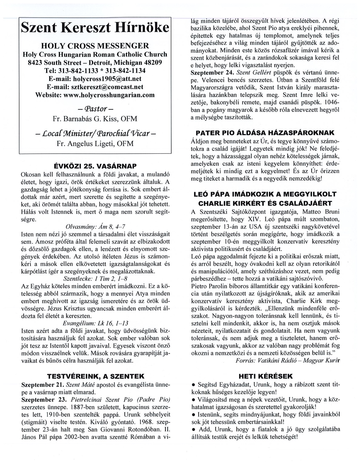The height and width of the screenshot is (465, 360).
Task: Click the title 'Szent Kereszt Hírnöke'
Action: [x=95, y=28]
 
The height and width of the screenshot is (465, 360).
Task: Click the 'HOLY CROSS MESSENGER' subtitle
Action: [x=95, y=46]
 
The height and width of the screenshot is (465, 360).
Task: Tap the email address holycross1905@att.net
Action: [x=107, y=78]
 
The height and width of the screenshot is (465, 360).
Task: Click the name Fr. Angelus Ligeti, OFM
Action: [x=95, y=143]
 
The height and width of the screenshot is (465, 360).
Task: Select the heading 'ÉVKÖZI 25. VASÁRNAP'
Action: [x=95, y=166]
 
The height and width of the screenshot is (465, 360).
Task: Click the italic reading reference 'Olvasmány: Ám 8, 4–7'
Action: [x=95, y=226]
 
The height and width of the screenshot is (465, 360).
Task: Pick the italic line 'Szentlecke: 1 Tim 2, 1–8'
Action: [x=95, y=279]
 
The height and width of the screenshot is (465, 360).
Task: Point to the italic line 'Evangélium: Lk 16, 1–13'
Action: [x=95, y=323]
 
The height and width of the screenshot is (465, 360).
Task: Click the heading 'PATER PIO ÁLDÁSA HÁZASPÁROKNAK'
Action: [x=265, y=133]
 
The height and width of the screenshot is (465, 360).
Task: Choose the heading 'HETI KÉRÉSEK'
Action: [x=265, y=376]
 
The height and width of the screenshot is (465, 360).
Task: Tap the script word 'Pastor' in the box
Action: [x=95, y=109]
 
